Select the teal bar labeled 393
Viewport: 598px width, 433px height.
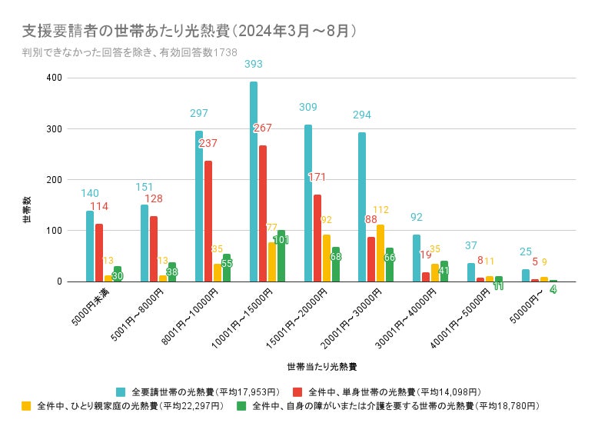[254, 182]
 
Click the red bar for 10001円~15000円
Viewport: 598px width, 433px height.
[263, 213]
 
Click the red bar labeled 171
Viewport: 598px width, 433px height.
[317, 238]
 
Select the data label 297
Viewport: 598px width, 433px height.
[199, 114]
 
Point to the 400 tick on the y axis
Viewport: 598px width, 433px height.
[54, 78]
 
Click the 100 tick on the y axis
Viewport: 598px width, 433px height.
[54, 231]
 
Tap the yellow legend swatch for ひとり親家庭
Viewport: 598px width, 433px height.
[26, 405]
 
